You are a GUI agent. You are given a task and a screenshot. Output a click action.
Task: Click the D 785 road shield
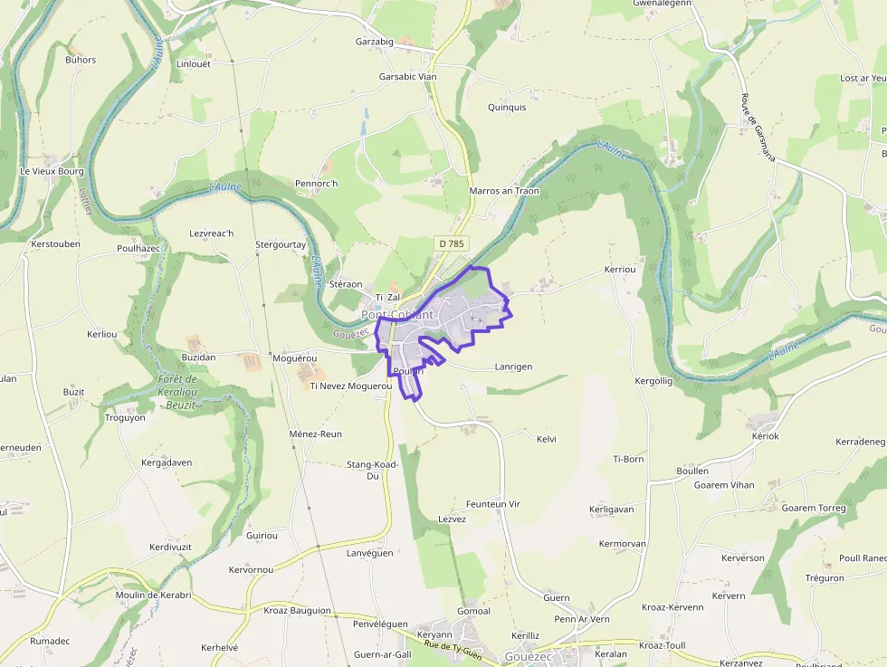pos(449,243)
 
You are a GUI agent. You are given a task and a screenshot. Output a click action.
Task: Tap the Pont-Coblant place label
pos(398,315)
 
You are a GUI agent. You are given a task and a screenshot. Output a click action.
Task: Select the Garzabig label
pos(374,42)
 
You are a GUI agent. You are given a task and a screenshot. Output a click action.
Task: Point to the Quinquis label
pos(507,107)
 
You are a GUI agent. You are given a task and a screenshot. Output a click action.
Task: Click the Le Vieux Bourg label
pos(52,170)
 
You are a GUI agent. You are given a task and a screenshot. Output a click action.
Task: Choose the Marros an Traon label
pos(504,191)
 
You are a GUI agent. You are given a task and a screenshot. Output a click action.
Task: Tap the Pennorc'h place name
pos(316,184)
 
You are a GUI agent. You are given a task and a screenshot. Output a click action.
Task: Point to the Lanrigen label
pos(513,367)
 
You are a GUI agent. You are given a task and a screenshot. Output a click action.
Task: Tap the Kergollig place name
pos(653,381)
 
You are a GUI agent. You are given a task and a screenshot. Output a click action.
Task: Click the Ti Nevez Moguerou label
pos(350,386)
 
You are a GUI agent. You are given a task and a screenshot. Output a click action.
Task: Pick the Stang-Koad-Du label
pos(372,470)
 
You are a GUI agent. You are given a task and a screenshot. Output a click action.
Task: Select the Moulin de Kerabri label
pos(153,595)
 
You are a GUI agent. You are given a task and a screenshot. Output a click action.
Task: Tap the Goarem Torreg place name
pos(813,508)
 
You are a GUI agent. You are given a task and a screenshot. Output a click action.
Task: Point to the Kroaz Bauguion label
pos(298,610)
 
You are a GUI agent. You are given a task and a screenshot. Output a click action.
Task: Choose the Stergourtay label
pos(281,244)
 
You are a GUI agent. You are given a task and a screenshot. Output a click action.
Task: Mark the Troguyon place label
pos(125,417)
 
